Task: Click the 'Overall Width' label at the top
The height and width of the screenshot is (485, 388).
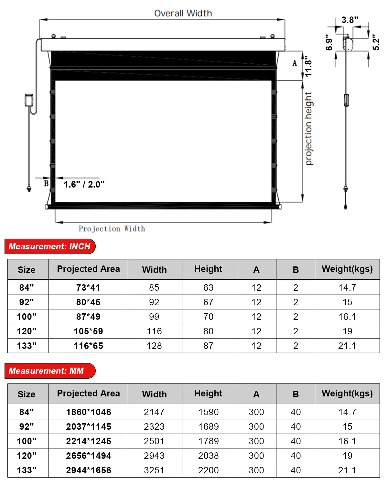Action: [183, 13]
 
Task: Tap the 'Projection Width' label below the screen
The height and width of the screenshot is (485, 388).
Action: [112, 229]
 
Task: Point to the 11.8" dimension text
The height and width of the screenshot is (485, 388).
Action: [308, 68]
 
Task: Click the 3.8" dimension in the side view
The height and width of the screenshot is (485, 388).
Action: [350, 20]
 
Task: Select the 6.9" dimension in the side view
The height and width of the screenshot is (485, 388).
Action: [329, 42]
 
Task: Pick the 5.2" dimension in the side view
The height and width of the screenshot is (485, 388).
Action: [376, 42]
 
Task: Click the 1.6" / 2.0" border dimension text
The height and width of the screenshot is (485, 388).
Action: [84, 184]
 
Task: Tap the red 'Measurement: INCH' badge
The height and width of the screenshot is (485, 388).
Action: [50, 246]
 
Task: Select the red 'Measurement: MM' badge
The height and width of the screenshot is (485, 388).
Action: [50, 371]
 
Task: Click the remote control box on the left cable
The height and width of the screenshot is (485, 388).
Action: [29, 100]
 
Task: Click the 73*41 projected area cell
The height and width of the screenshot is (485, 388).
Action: [88, 287]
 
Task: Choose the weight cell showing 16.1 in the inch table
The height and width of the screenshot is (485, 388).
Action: [347, 317]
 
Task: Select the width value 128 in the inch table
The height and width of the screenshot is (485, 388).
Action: [154, 346]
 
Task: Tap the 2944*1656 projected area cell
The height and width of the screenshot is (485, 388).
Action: [88, 470]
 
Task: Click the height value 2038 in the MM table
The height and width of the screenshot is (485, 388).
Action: [209, 456]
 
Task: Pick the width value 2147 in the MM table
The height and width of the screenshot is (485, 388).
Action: [154, 412]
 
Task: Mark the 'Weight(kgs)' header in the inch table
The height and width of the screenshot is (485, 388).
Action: [347, 269]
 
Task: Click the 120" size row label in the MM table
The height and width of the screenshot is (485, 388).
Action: [27, 456]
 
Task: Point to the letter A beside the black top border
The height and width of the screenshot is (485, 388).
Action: [295, 63]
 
